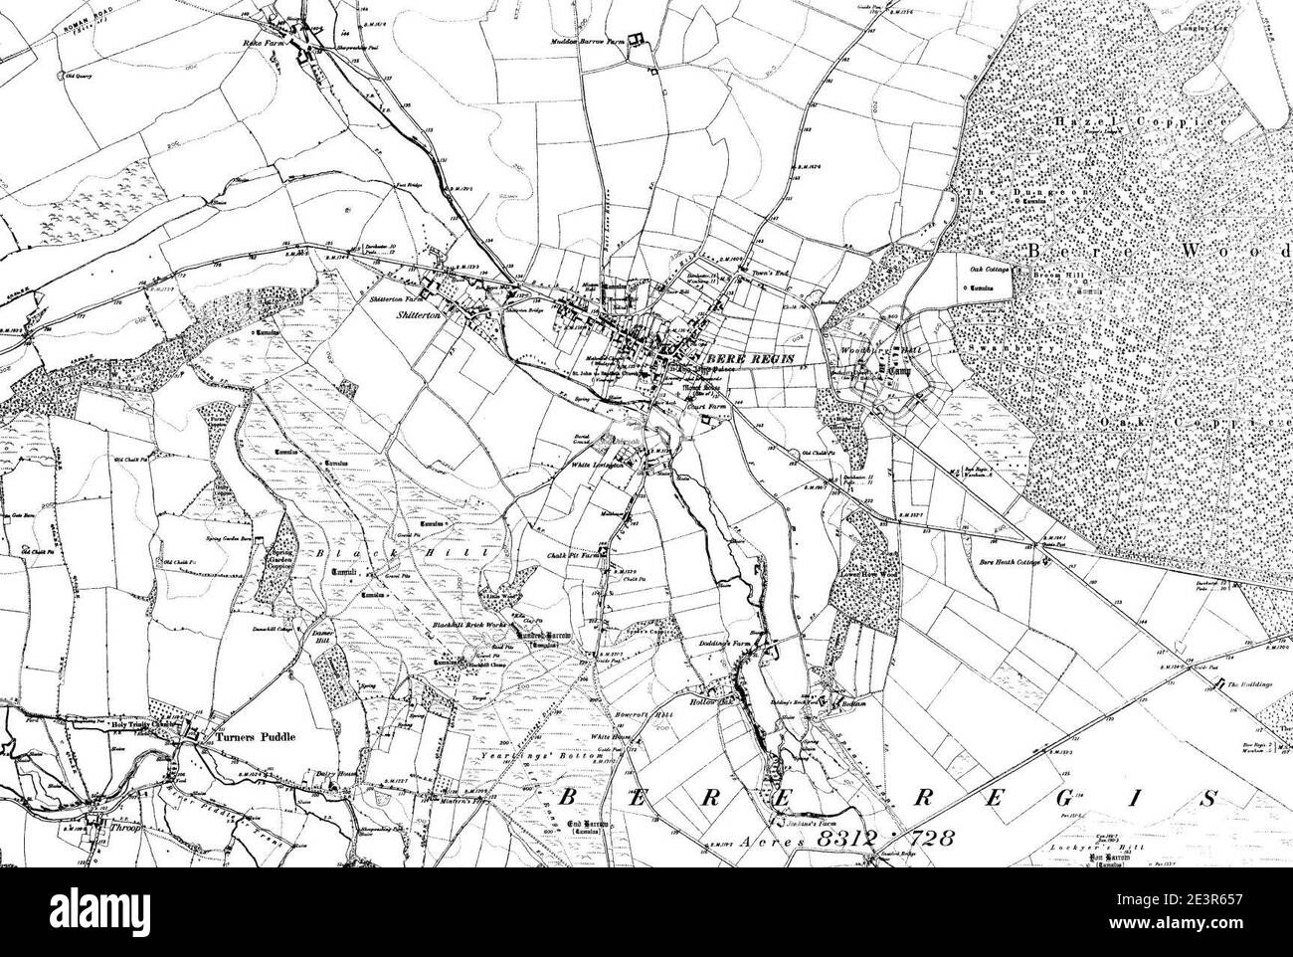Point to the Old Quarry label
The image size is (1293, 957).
pyautogui.click(x=79, y=76)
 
